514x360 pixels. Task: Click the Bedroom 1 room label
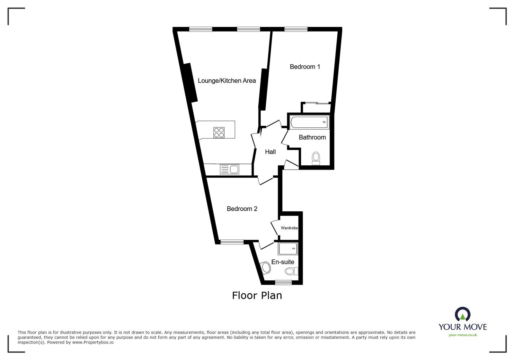(305, 67)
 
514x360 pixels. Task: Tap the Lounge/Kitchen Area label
(227, 81)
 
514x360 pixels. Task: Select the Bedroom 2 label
(242, 209)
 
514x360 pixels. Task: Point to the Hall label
(270, 152)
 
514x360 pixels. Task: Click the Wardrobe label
(289, 228)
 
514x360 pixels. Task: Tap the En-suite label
(283, 262)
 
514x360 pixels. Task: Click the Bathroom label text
(312, 137)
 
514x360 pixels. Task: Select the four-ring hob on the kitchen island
(219, 132)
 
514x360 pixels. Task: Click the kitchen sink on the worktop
(230, 169)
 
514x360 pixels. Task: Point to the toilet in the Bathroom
(316, 158)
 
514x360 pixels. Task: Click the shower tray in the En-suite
(288, 249)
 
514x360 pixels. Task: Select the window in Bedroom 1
(296, 30)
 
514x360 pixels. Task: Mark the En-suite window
(283, 282)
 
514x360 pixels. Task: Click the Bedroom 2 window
(232, 242)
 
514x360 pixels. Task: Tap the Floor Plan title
(257, 295)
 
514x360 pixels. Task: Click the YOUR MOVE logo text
(463, 327)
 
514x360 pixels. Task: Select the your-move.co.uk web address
(463, 335)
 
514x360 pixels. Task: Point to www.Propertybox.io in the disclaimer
(93, 342)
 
